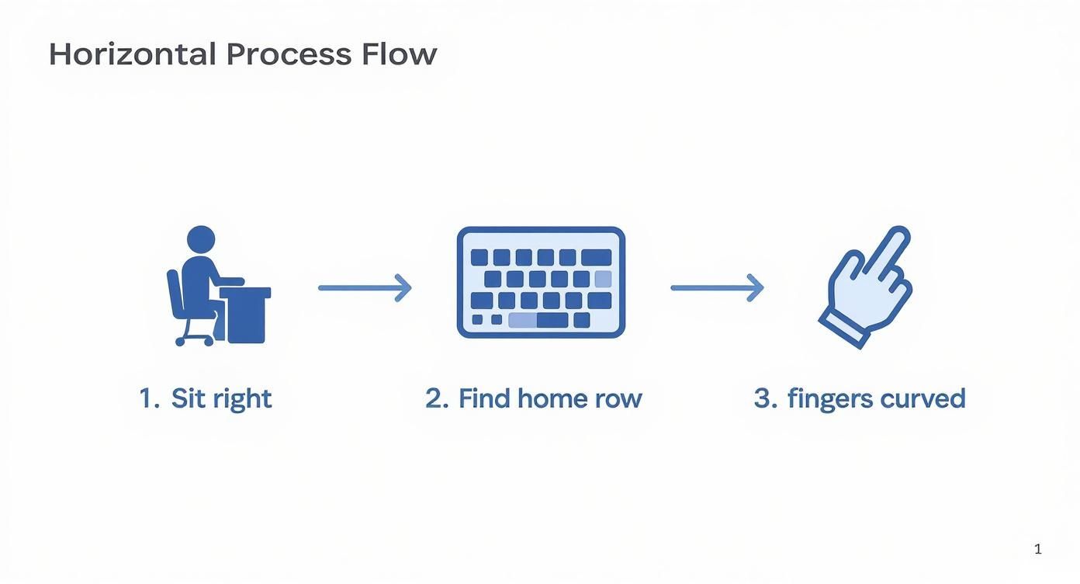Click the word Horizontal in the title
(x=132, y=54)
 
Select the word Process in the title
(x=289, y=54)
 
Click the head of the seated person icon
(x=201, y=239)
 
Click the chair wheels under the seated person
(x=195, y=340)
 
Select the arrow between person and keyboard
(x=365, y=287)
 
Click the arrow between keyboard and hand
(x=717, y=287)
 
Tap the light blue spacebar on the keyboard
(x=522, y=320)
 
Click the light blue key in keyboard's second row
(x=603, y=279)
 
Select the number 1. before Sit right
(x=149, y=398)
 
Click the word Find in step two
(x=484, y=398)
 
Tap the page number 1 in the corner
(x=1037, y=550)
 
